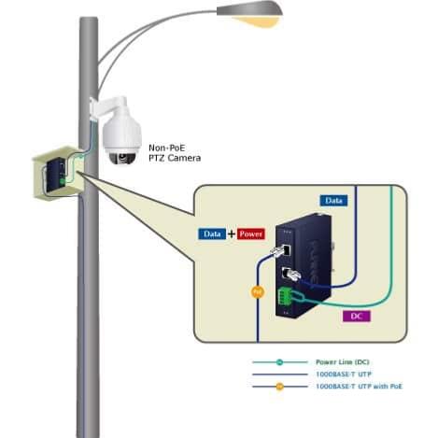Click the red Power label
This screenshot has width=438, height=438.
click(x=251, y=233)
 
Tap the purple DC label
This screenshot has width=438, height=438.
click(x=357, y=317)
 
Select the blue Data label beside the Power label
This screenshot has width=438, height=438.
click(x=212, y=233)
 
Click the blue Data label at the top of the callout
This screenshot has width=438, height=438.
click(x=333, y=201)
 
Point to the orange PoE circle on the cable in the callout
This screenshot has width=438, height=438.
click(x=258, y=292)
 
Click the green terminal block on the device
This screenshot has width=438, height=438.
click(x=285, y=296)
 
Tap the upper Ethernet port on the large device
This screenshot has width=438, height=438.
click(x=287, y=249)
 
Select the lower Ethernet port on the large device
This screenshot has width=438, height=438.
click(x=287, y=273)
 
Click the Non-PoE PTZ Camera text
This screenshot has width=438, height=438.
click(x=175, y=153)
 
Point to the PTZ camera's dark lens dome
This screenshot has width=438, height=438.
click(x=122, y=158)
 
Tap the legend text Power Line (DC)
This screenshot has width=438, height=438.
click(x=343, y=362)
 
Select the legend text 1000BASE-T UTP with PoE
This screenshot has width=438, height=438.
click(x=359, y=387)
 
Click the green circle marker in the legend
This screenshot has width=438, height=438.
click(x=279, y=362)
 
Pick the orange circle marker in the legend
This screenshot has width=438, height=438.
click(x=279, y=387)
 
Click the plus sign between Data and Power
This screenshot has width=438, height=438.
click(x=232, y=233)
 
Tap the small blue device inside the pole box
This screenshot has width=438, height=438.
click(x=56, y=176)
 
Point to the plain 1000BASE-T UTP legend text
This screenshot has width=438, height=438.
click(x=344, y=374)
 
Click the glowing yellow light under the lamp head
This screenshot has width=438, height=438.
click(x=256, y=21)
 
